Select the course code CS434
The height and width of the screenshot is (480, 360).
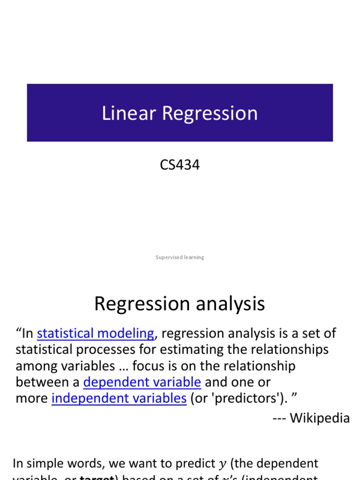pos(180,165)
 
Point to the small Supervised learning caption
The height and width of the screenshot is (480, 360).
pos(180,257)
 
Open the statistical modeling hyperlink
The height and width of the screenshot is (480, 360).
pos(95,333)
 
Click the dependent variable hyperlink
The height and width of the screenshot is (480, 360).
pos(142,382)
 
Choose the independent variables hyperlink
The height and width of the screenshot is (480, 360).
pos(119,398)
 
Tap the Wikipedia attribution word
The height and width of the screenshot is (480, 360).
pos(320,418)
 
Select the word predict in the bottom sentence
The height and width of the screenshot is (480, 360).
pos(195,464)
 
